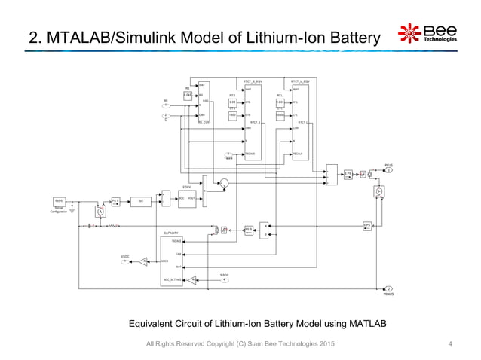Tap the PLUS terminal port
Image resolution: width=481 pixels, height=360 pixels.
tap(390, 170)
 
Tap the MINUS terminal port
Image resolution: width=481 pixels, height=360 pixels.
tap(389, 288)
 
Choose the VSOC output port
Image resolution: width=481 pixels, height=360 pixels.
tap(125, 261)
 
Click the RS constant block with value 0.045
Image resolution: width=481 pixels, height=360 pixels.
tap(188, 96)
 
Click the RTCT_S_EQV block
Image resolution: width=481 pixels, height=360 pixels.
tap(253, 117)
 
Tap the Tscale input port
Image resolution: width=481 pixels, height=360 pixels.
tap(228, 154)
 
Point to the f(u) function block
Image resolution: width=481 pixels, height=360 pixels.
tap(140, 200)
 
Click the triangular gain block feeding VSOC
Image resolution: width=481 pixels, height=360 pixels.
tap(144, 261)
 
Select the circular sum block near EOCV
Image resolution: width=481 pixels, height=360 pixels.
tap(223, 182)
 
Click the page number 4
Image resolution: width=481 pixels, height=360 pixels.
tap(449, 344)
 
